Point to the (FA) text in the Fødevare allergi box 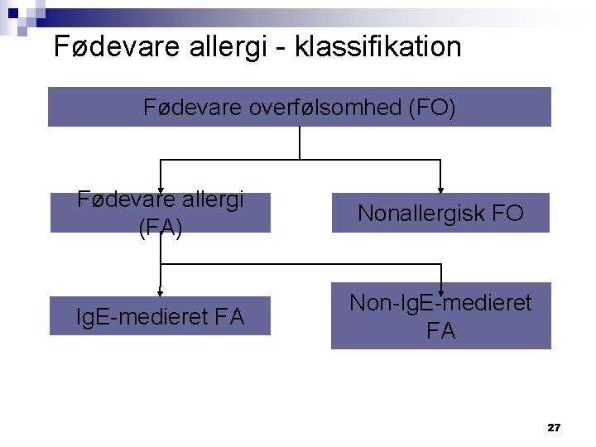click(161, 227)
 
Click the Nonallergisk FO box click(440, 213)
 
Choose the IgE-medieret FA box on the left click(160, 315)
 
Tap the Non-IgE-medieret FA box click(440, 316)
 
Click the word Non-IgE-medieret click(440, 303)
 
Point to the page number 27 click(554, 427)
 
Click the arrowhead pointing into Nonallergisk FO click(441, 189)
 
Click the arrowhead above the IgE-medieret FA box click(160, 292)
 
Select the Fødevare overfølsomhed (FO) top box click(299, 108)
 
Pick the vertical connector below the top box click(299, 142)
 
